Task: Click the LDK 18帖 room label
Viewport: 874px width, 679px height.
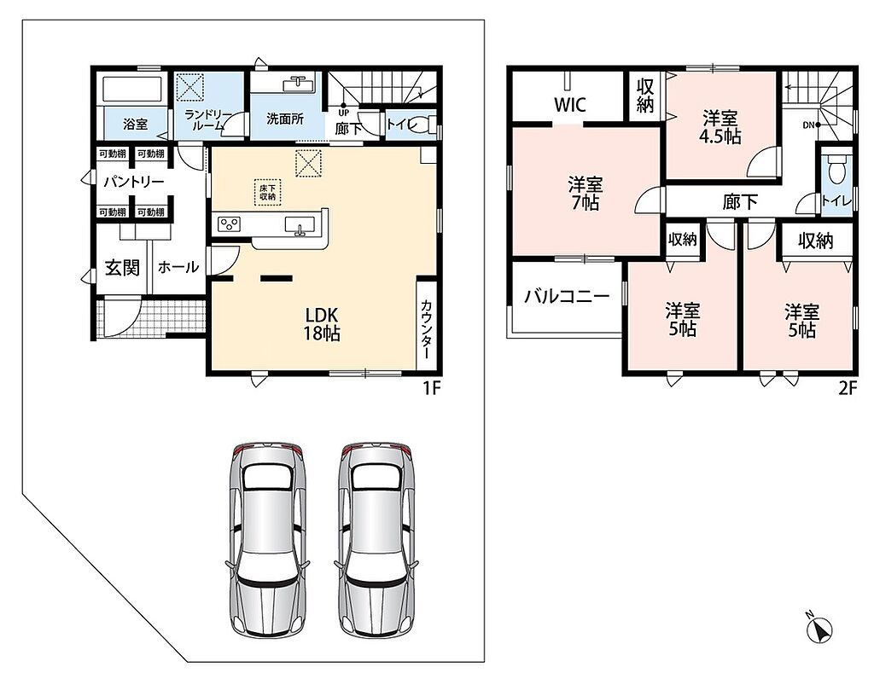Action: (322, 324)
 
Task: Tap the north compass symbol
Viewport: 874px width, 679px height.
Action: (820, 629)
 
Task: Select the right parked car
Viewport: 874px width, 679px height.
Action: (377, 539)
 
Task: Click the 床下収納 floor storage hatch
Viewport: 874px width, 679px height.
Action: (267, 192)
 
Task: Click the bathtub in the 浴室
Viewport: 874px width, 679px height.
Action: (132, 89)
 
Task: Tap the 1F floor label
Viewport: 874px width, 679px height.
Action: (431, 387)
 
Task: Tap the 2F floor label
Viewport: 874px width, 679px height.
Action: (848, 387)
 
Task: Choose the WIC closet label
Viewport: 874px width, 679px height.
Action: (569, 104)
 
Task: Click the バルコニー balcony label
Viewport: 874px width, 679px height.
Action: (567, 296)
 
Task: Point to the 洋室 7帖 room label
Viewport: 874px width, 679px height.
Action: (586, 194)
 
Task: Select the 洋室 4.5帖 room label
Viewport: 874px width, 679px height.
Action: (720, 128)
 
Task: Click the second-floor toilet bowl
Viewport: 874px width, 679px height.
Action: (837, 169)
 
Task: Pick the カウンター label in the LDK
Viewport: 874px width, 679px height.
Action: (426, 329)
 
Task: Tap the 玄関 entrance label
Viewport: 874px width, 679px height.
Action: (122, 268)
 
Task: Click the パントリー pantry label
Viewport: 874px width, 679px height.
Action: (134, 183)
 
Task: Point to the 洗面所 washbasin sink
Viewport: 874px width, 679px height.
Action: (298, 84)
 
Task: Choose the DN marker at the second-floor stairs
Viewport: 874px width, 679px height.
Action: (808, 125)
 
